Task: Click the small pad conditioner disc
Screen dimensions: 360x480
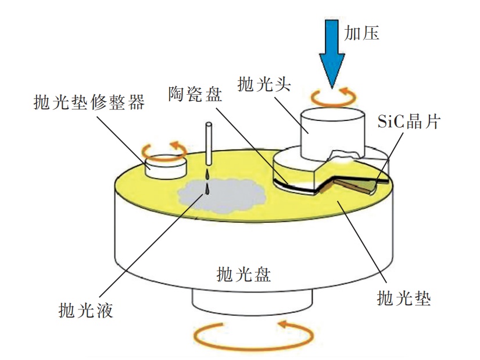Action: point(166,166)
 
